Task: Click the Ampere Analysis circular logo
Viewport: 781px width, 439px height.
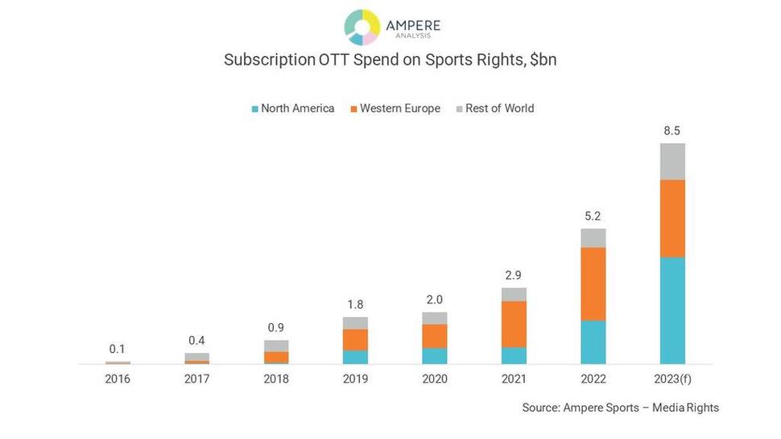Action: click(362, 27)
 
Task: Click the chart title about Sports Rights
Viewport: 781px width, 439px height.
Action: click(390, 60)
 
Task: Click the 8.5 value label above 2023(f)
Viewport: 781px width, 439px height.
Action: click(672, 130)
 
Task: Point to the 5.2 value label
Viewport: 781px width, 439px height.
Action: click(593, 215)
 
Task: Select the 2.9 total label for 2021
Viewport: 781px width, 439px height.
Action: click(514, 275)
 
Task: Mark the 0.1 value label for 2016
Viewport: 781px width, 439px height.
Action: click(118, 349)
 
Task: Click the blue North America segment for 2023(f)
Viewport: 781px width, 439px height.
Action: click(672, 310)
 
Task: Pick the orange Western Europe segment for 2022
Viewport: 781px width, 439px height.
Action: click(593, 284)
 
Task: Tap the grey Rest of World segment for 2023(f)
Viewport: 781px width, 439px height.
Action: click(672, 162)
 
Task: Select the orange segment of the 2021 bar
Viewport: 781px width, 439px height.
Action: click(514, 324)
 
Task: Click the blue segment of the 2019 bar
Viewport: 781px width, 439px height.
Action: click(355, 357)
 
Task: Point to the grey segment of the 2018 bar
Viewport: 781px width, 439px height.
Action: click(276, 346)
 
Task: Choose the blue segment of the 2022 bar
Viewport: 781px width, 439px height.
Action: click(593, 342)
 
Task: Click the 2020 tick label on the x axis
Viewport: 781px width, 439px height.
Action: click(435, 379)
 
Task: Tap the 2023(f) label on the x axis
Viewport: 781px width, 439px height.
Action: click(672, 379)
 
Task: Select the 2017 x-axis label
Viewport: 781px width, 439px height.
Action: click(196, 379)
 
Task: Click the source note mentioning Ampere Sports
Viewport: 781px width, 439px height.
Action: click(620, 408)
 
